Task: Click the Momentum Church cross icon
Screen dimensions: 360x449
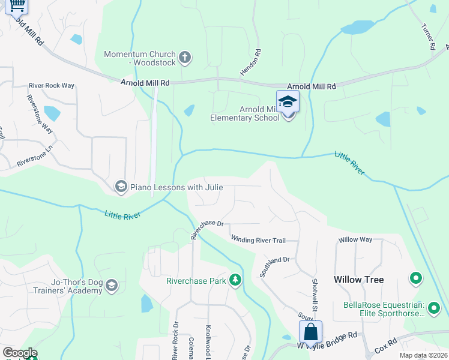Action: click(x=185, y=58)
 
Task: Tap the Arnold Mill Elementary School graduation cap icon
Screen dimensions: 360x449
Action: click(x=288, y=101)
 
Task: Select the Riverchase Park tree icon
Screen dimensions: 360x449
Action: click(x=235, y=281)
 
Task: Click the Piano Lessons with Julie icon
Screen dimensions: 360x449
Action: click(x=121, y=187)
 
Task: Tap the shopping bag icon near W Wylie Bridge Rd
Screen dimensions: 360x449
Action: click(x=310, y=331)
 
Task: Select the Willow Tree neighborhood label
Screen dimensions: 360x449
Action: click(x=359, y=280)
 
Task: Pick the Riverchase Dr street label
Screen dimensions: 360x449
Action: click(x=207, y=229)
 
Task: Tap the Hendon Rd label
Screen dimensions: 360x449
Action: click(x=258, y=61)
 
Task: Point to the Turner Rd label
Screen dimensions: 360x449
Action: click(x=428, y=37)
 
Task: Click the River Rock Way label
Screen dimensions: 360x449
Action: click(x=52, y=86)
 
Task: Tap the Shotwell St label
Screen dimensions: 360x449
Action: click(x=315, y=294)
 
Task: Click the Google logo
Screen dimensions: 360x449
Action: click(x=20, y=353)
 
